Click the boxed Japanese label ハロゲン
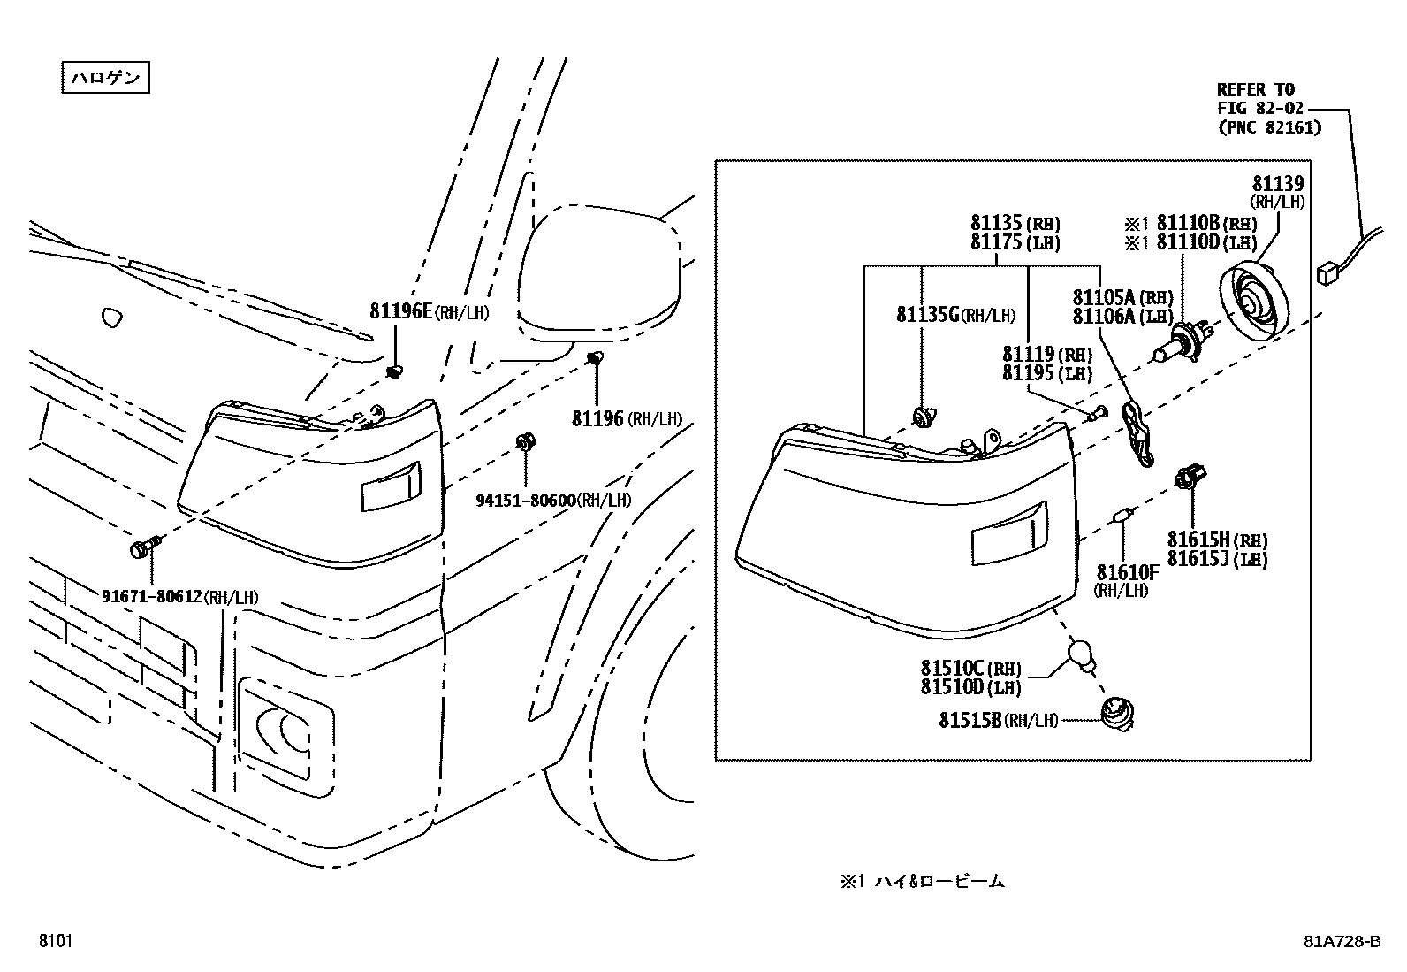coord(105,78)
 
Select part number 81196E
coord(400,311)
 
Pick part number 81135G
coord(928,315)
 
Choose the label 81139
coord(1277,184)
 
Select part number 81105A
coord(1105,297)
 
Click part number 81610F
coord(1127,572)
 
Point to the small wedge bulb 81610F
coord(1123,516)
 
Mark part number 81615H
coord(1198,540)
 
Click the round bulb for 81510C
coord(1079,654)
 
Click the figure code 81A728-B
coord(1341,941)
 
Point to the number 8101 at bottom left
coord(55,941)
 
